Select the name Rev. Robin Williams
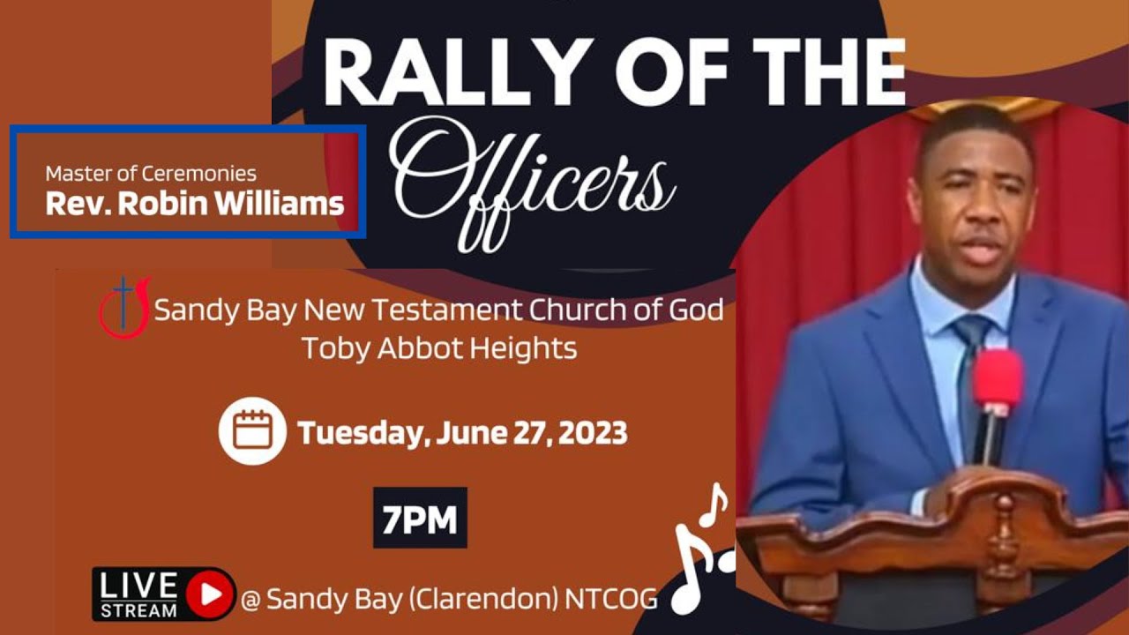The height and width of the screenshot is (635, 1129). point(194,204)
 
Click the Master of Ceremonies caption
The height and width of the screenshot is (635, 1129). point(151,174)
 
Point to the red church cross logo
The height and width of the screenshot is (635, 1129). point(124,308)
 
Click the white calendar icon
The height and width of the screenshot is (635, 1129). point(252,431)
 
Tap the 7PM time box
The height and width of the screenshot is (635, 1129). point(420,520)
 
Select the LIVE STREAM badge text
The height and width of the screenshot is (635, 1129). point(138,594)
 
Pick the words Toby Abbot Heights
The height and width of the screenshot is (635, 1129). point(439,348)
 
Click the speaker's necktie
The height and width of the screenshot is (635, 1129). point(970,370)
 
